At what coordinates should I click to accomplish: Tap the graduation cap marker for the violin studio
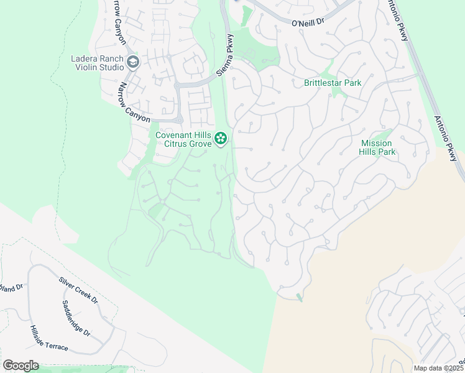click(x=132, y=62)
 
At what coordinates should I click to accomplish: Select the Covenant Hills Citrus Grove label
click(x=183, y=139)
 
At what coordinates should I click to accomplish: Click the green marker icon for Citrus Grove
click(x=221, y=139)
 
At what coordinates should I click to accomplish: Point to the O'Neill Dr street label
click(x=308, y=22)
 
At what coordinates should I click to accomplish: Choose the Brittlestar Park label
click(x=332, y=83)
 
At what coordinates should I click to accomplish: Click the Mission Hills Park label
click(x=378, y=147)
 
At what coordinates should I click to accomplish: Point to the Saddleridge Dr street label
click(x=76, y=319)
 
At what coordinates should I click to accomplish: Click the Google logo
click(x=21, y=366)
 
